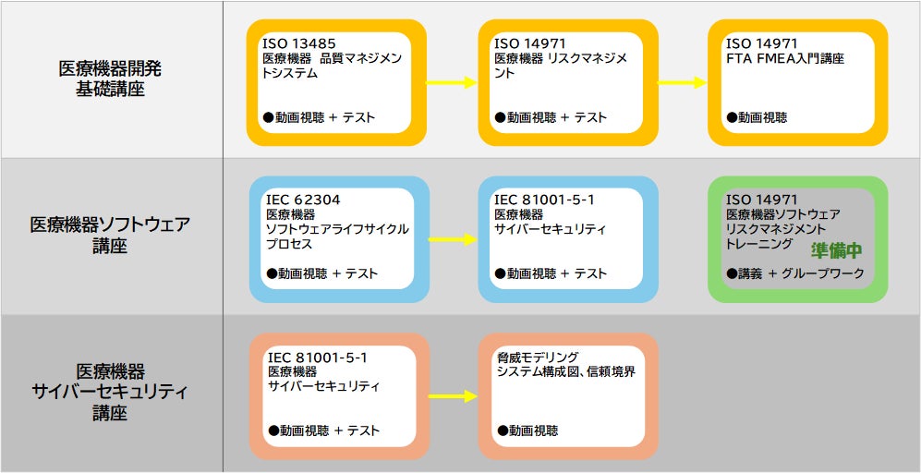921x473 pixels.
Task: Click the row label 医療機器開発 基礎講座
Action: pyautogui.click(x=111, y=79)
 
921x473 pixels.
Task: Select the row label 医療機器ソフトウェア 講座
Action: pyautogui.click(x=111, y=235)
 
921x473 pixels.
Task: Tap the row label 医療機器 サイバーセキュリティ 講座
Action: pyautogui.click(x=111, y=392)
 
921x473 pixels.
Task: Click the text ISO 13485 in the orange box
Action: pyautogui.click(x=298, y=43)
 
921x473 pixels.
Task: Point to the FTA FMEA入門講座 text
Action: pyautogui.click(x=785, y=59)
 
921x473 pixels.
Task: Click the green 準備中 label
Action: pyautogui.click(x=836, y=250)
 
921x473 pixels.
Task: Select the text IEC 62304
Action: pyautogui.click(x=303, y=200)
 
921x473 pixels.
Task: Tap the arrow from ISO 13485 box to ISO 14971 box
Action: pyautogui.click(x=451, y=83)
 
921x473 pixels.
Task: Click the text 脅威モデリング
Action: pyautogui.click(x=538, y=357)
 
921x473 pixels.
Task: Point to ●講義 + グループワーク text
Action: pyautogui.click(x=795, y=273)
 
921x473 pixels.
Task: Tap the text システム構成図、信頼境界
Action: pyautogui.click(x=565, y=371)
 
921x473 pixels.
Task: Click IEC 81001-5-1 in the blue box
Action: pyautogui.click(x=544, y=200)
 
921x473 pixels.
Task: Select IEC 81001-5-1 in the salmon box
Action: pyautogui.click(x=318, y=357)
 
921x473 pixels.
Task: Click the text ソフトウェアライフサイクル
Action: pyautogui.click(x=336, y=229)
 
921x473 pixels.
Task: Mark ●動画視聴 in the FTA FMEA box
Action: pyautogui.click(x=757, y=117)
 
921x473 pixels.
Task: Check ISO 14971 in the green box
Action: pyautogui.click(x=762, y=200)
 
